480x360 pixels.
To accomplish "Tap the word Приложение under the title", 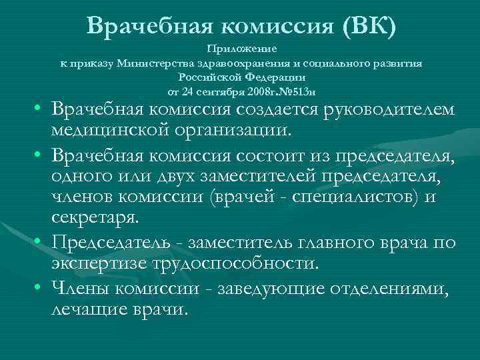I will click(243, 49).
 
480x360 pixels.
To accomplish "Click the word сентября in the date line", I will click(224, 90).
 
